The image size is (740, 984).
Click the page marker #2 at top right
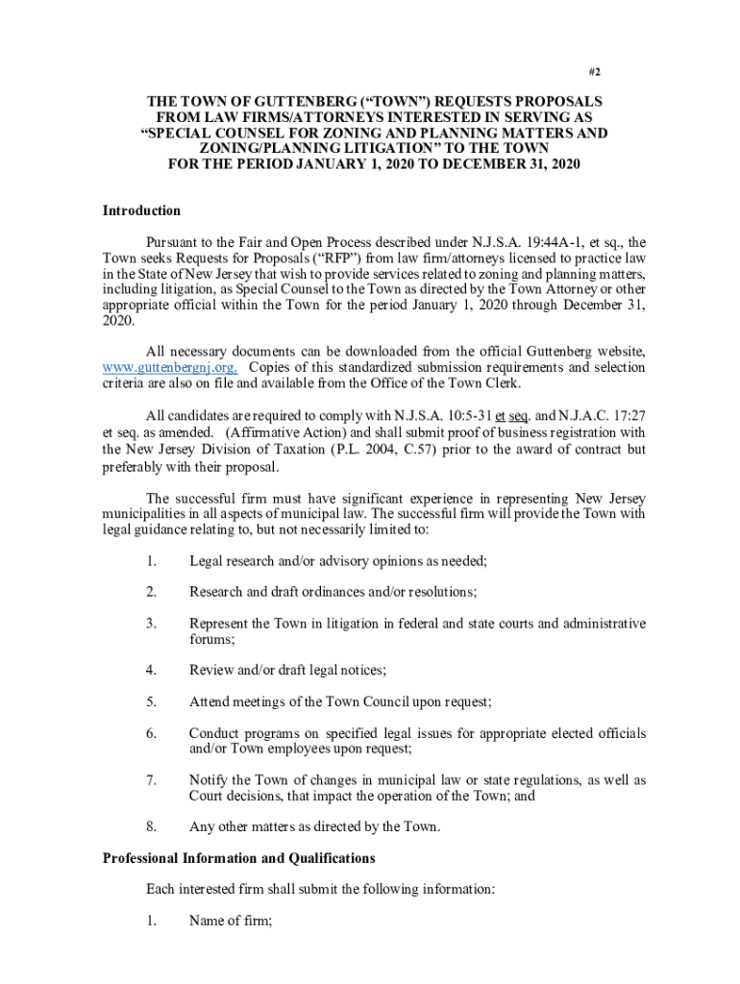(595, 72)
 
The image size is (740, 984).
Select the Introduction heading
(141, 210)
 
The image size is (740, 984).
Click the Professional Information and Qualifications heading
(239, 857)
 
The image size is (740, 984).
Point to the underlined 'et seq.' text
(513, 415)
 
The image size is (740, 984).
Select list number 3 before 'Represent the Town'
(151, 624)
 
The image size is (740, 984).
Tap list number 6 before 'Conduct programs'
(151, 733)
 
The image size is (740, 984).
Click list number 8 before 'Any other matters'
(151, 826)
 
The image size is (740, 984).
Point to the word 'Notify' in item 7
(209, 779)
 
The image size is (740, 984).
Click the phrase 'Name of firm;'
(231, 921)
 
